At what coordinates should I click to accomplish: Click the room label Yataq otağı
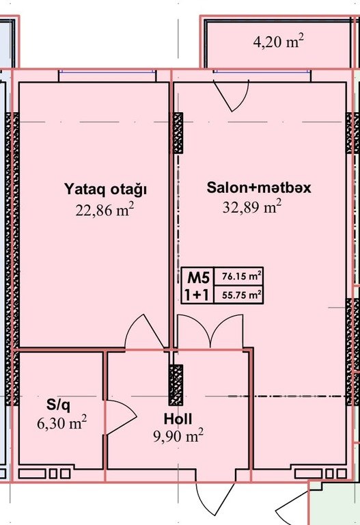click(x=105, y=189)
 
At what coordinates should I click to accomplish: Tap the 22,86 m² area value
click(x=105, y=210)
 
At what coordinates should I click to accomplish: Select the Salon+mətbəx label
click(x=259, y=187)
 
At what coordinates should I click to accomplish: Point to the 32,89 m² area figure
click(x=251, y=206)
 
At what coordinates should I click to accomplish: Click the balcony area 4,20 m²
click(x=278, y=42)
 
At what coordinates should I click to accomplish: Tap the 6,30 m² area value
click(x=62, y=423)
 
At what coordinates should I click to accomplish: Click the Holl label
click(x=178, y=419)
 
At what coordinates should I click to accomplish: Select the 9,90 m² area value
click(x=178, y=436)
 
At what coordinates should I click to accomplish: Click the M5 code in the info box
click(x=198, y=278)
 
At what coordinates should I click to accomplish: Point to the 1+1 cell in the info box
click(x=197, y=295)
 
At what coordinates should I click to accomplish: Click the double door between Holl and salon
click(x=210, y=332)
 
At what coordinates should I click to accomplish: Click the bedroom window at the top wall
click(x=107, y=71)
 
